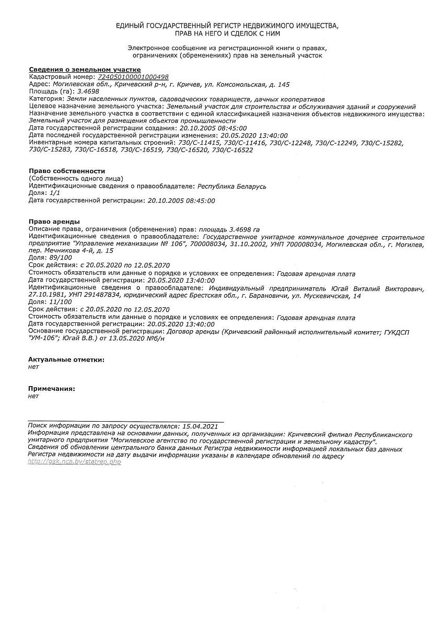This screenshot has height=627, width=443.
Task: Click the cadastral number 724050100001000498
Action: pyautogui.click(x=133, y=77)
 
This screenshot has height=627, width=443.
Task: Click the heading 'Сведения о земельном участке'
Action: pyautogui.click(x=85, y=69)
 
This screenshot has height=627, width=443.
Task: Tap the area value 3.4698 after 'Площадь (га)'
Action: pyautogui.click(x=80, y=91)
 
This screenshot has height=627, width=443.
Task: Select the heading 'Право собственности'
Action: pyautogui.click(x=67, y=171)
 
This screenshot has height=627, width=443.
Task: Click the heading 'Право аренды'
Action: pyautogui.click(x=54, y=222)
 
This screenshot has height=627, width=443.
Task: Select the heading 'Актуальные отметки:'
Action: pyautogui.click(x=66, y=359)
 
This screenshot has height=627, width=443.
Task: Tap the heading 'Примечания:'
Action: pyautogui.click(x=52, y=389)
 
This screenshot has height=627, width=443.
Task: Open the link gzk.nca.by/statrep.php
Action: pyautogui.click(x=75, y=462)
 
